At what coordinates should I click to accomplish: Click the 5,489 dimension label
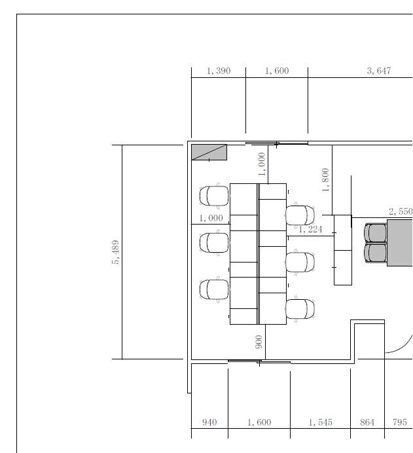pyautogui.click(x=115, y=252)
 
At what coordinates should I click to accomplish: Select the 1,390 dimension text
pyautogui.click(x=219, y=71)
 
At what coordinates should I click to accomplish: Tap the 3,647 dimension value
pyautogui.click(x=379, y=71)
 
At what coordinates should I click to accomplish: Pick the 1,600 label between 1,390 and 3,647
pyautogui.click(x=277, y=71)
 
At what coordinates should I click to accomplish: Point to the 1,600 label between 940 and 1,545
pyautogui.click(x=259, y=422)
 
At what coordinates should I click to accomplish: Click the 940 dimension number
pyautogui.click(x=209, y=422)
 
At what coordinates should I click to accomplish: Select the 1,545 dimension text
pyautogui.click(x=320, y=422)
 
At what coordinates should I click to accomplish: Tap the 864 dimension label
pyautogui.click(x=367, y=422)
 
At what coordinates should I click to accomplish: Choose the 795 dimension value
pyautogui.click(x=400, y=422)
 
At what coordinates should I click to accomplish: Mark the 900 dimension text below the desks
pyautogui.click(x=259, y=342)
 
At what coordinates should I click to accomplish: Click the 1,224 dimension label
pyautogui.click(x=310, y=229)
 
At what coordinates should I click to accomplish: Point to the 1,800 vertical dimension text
pyautogui.click(x=325, y=180)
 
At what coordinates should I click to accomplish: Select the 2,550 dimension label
pyautogui.click(x=401, y=211)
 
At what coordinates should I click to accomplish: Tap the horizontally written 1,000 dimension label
pyautogui.click(x=211, y=218)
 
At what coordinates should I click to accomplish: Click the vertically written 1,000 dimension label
pyautogui.click(x=262, y=164)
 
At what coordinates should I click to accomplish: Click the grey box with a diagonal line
pyautogui.click(x=209, y=153)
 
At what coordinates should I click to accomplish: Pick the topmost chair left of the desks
pyautogui.click(x=214, y=196)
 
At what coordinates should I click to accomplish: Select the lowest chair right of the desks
pyautogui.click(x=300, y=309)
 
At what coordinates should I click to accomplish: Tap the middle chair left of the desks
pyautogui.click(x=214, y=243)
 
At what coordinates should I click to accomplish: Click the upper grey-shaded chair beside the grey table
pyautogui.click(x=376, y=232)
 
